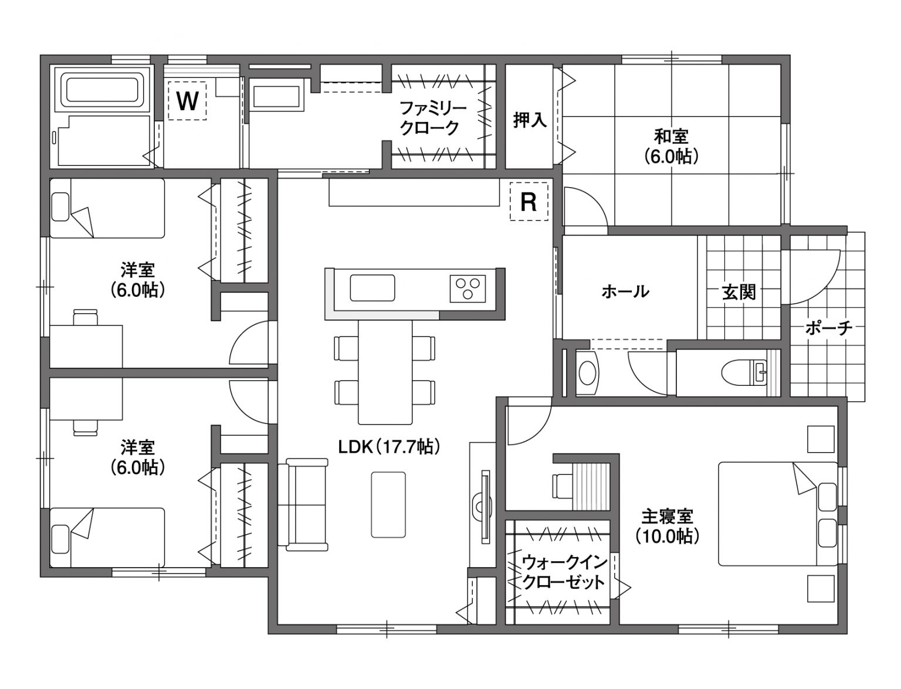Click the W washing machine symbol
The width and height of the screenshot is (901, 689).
[187, 100]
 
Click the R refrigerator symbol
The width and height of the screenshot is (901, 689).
[529, 202]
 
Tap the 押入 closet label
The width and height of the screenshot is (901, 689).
[530, 120]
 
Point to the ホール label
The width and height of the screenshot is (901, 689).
[625, 292]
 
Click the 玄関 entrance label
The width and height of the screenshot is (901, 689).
[739, 292]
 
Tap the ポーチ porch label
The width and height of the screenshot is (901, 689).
[829, 328]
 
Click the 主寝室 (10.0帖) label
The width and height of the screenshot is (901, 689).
[668, 527]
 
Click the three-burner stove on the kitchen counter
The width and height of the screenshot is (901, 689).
[468, 288]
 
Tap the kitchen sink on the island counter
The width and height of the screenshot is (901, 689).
[372, 288]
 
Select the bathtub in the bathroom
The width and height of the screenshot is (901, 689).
[102, 91]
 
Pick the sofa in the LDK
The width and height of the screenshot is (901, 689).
[303, 504]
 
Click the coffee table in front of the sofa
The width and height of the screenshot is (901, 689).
[388, 504]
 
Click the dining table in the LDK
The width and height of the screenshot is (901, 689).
[385, 372]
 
